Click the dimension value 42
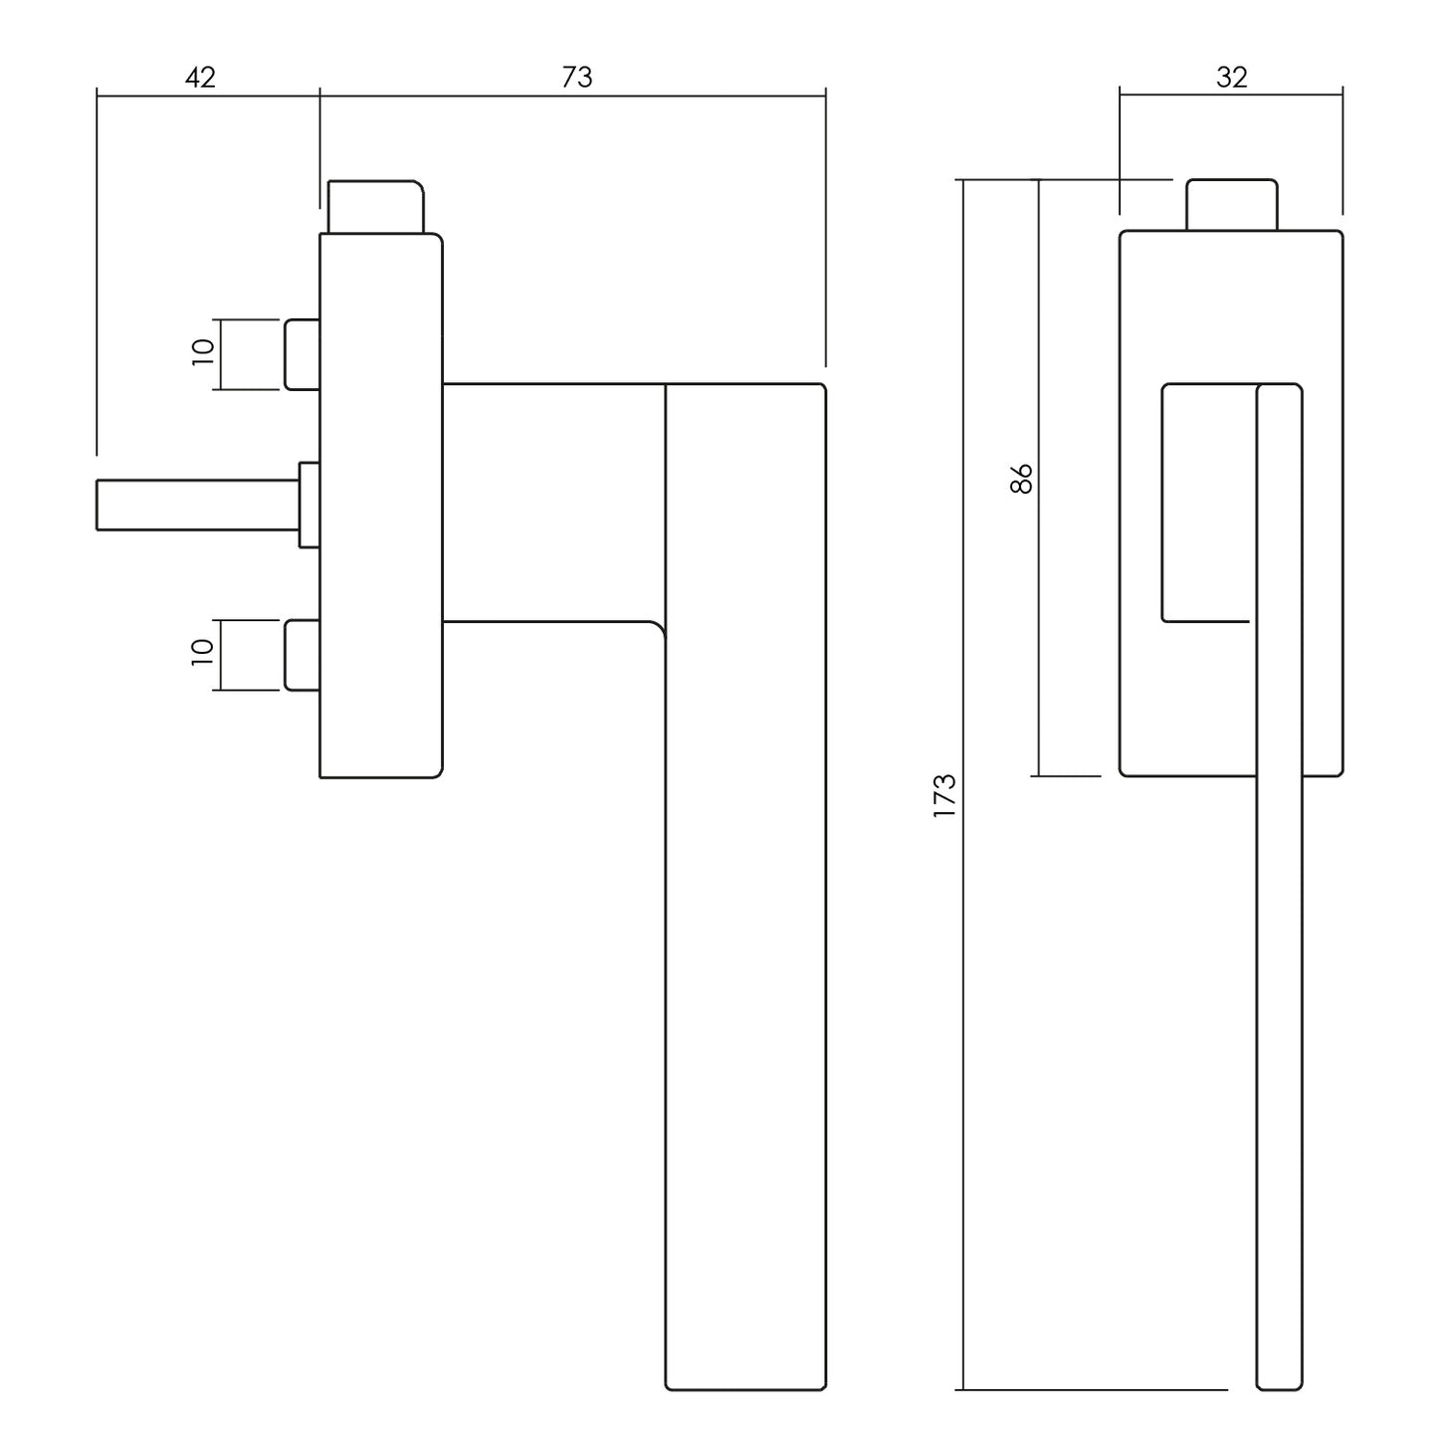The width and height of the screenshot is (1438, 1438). pos(200,78)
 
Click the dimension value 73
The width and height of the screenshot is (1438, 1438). pos(577,78)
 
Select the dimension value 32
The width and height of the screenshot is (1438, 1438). pos(1231,78)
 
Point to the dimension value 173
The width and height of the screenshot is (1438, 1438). pos(944,795)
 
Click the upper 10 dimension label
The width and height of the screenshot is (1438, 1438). pos(203,352)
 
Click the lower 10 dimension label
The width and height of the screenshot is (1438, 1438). pos(203,653)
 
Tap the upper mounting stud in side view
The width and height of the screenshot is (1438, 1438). pos(303,354)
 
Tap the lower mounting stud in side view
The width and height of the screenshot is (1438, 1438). pos(303,655)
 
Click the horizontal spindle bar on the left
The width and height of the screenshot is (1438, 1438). pos(198,506)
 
